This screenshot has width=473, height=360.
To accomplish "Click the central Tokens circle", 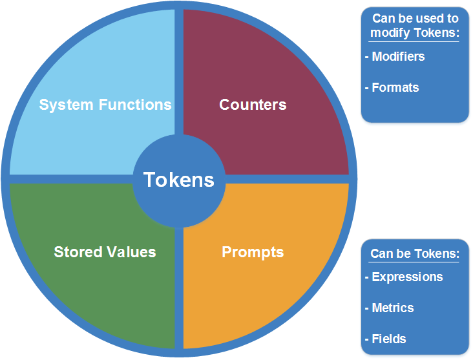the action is click(x=179, y=180).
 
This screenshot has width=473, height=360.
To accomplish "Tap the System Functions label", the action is click(x=105, y=105).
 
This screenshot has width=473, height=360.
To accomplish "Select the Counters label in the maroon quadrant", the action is click(x=253, y=105).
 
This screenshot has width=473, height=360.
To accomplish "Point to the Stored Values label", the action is click(x=105, y=251).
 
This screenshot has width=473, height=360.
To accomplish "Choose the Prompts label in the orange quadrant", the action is click(x=253, y=252).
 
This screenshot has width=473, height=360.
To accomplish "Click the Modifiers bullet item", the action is click(x=395, y=56).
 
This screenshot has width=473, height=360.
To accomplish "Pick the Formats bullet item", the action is click(x=392, y=87).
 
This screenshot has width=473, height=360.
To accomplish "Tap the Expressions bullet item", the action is click(x=404, y=277).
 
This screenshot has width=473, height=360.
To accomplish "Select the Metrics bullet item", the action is click(x=390, y=308).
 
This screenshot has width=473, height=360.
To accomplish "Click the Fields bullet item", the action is click(x=386, y=339).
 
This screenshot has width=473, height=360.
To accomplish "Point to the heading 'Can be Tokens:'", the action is click(x=415, y=254).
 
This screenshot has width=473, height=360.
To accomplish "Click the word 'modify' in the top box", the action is click(x=390, y=33).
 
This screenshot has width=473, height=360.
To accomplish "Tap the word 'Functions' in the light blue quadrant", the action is click(x=135, y=105).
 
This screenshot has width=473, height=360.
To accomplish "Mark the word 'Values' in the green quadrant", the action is click(x=131, y=251).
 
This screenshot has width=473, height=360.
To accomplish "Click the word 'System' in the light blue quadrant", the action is click(x=67, y=105).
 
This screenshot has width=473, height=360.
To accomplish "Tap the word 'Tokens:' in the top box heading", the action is click(x=437, y=32).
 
